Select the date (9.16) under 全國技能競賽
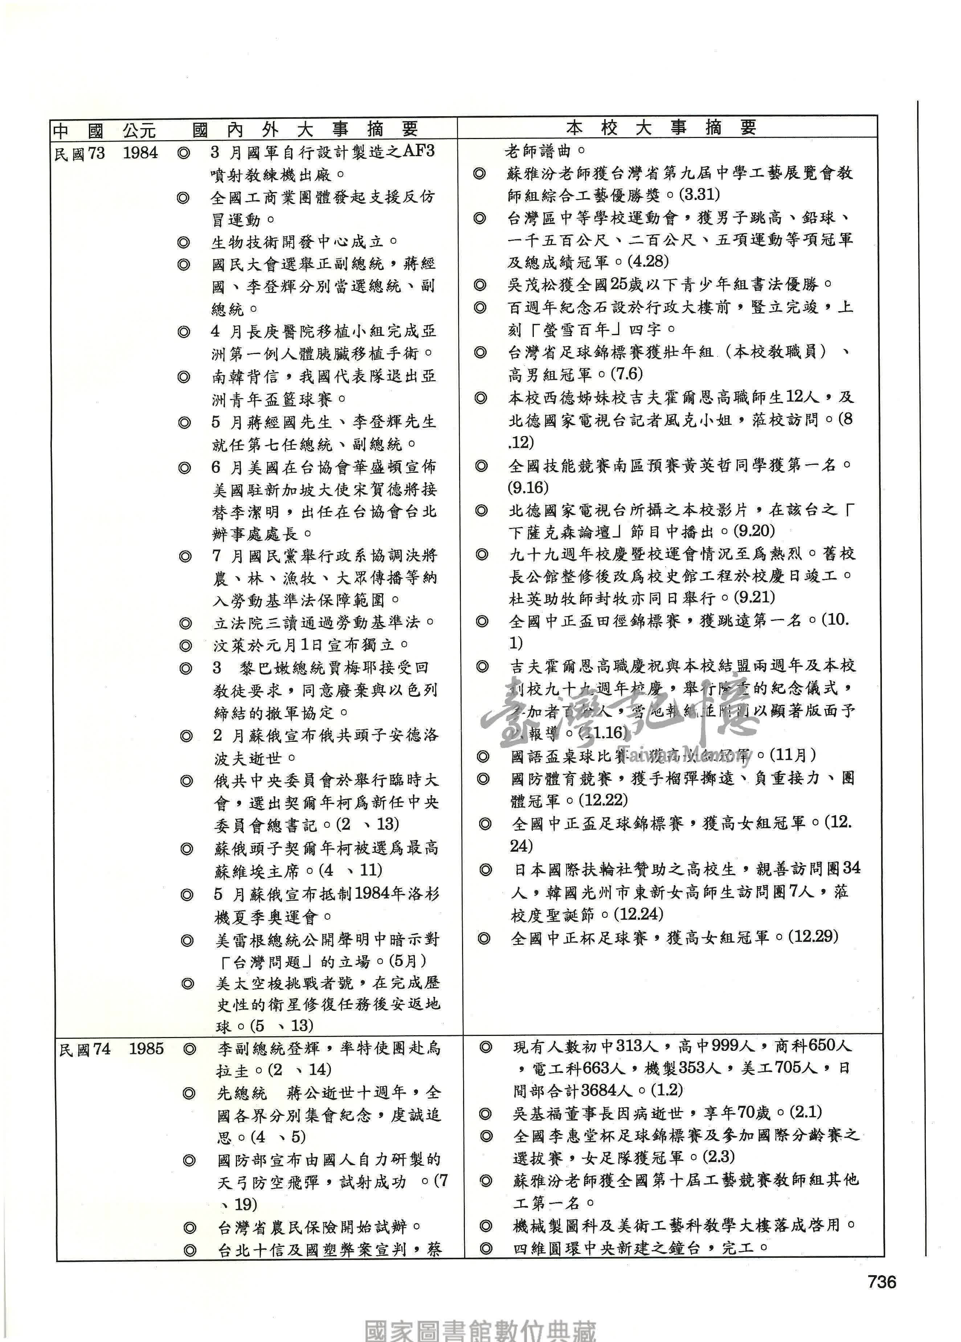click(x=528, y=488)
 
